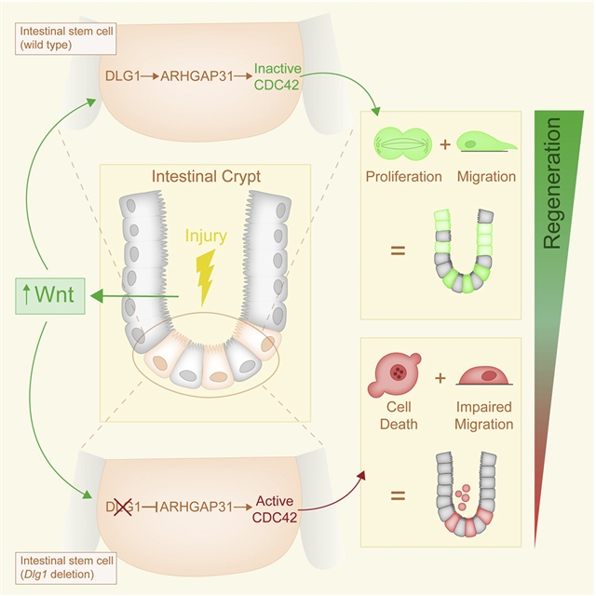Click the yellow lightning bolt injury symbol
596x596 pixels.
206,277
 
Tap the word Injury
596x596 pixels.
205,237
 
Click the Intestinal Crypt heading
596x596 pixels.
207,175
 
